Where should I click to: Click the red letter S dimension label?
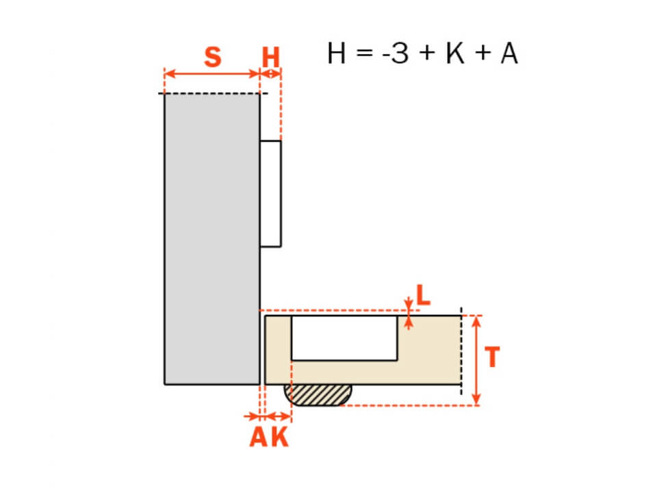(213, 57)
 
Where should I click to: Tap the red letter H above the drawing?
(271, 57)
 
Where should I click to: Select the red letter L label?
(423, 295)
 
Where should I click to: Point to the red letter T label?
(492, 357)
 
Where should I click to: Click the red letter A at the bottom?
(259, 437)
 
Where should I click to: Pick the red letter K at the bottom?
(279, 437)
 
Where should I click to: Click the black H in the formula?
(337, 53)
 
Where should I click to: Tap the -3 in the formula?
(395, 53)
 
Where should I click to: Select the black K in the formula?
(456, 53)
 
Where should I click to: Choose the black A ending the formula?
(509, 53)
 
